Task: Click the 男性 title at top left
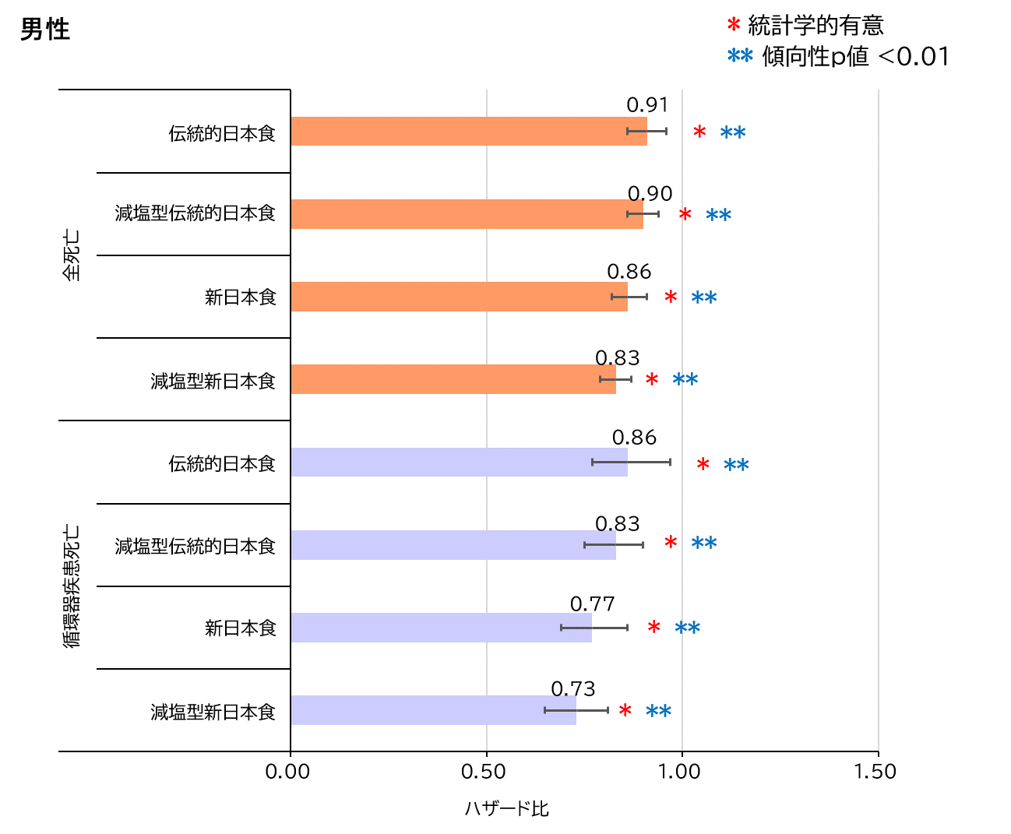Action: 44,30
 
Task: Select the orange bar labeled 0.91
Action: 468,132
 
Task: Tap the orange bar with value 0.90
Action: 467,214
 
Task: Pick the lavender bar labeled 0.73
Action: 433,710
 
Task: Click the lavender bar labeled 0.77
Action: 441,628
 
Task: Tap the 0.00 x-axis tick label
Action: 287,772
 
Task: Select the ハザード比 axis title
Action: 507,809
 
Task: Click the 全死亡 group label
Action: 71,255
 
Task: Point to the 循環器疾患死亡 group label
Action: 71,586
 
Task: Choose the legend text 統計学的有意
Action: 815,26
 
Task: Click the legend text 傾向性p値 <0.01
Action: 855,57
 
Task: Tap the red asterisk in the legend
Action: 733,26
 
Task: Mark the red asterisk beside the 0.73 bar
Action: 625,711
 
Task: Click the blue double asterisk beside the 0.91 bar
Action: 733,133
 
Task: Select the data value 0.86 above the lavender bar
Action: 634,438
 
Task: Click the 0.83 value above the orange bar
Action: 617,357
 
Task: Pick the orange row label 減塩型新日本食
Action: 213,381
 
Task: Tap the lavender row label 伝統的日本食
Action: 222,464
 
